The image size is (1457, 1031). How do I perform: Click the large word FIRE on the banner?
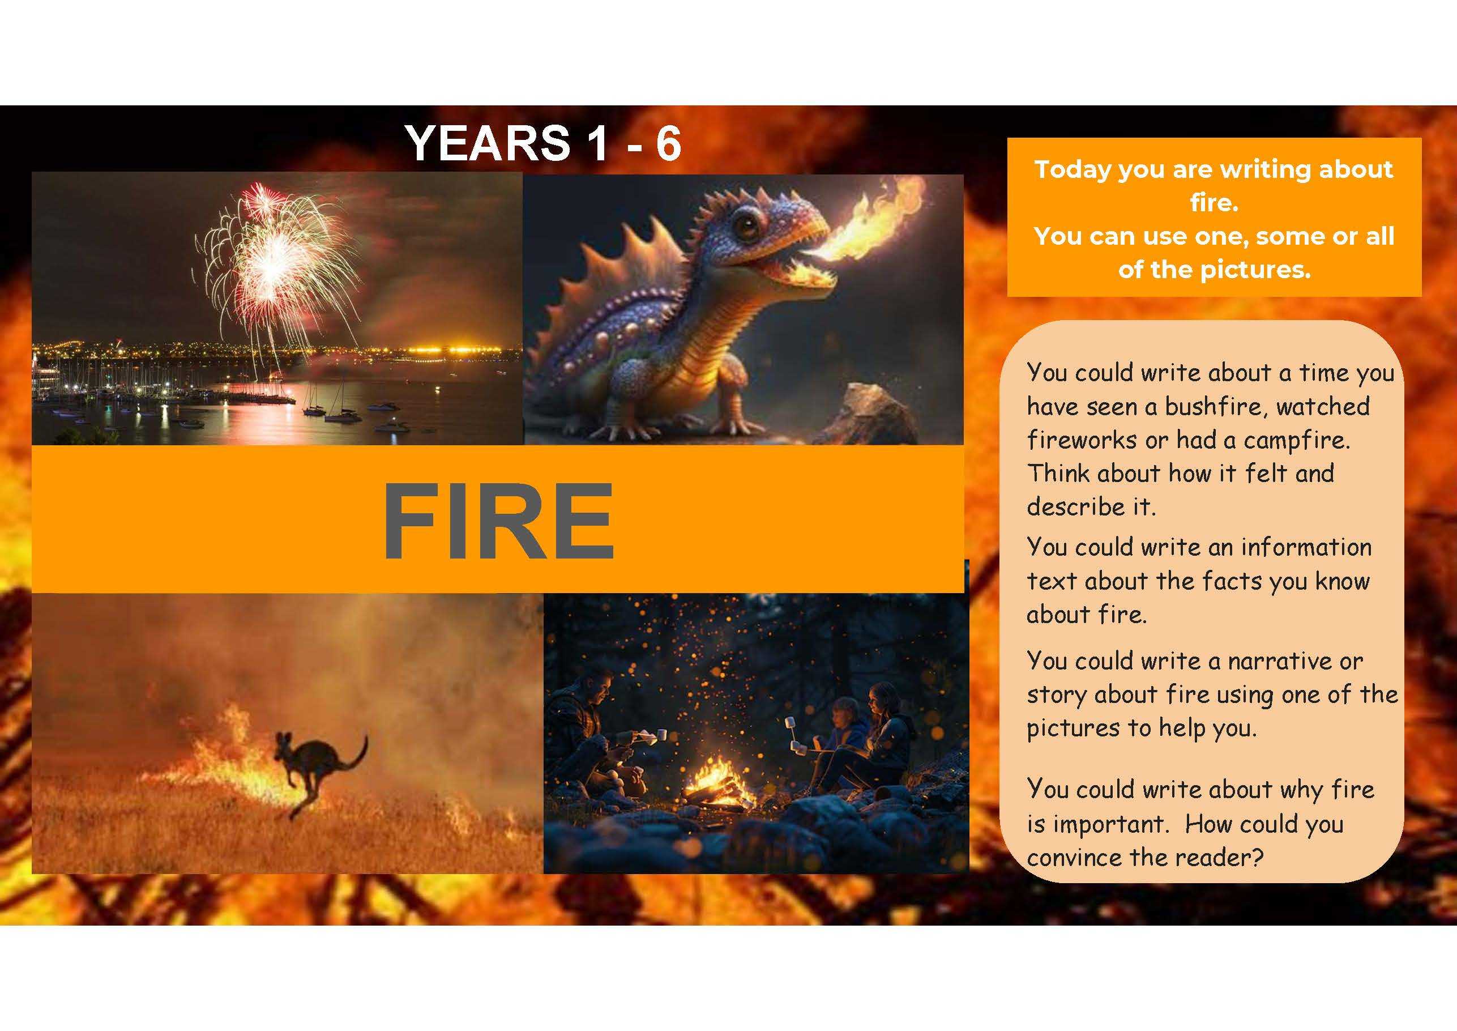(x=498, y=520)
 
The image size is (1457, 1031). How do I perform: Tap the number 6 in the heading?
(x=669, y=143)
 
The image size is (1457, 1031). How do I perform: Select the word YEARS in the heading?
(x=488, y=143)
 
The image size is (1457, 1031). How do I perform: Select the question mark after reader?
(x=1257, y=858)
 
